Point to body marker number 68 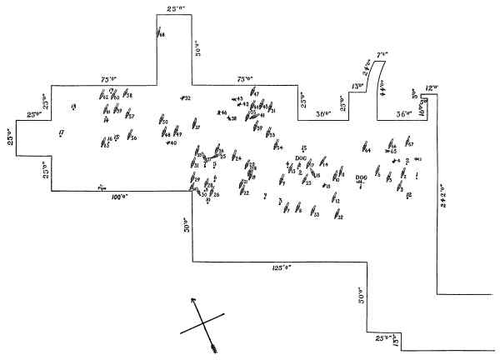point(159,33)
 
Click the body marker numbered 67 point(408,144)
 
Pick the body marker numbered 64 point(364,150)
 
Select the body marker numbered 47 point(253,94)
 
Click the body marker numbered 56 point(131,137)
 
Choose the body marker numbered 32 point(337,217)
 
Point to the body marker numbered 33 point(314,214)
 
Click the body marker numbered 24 point(236,157)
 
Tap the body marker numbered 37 point(196,126)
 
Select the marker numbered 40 point(171,143)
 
